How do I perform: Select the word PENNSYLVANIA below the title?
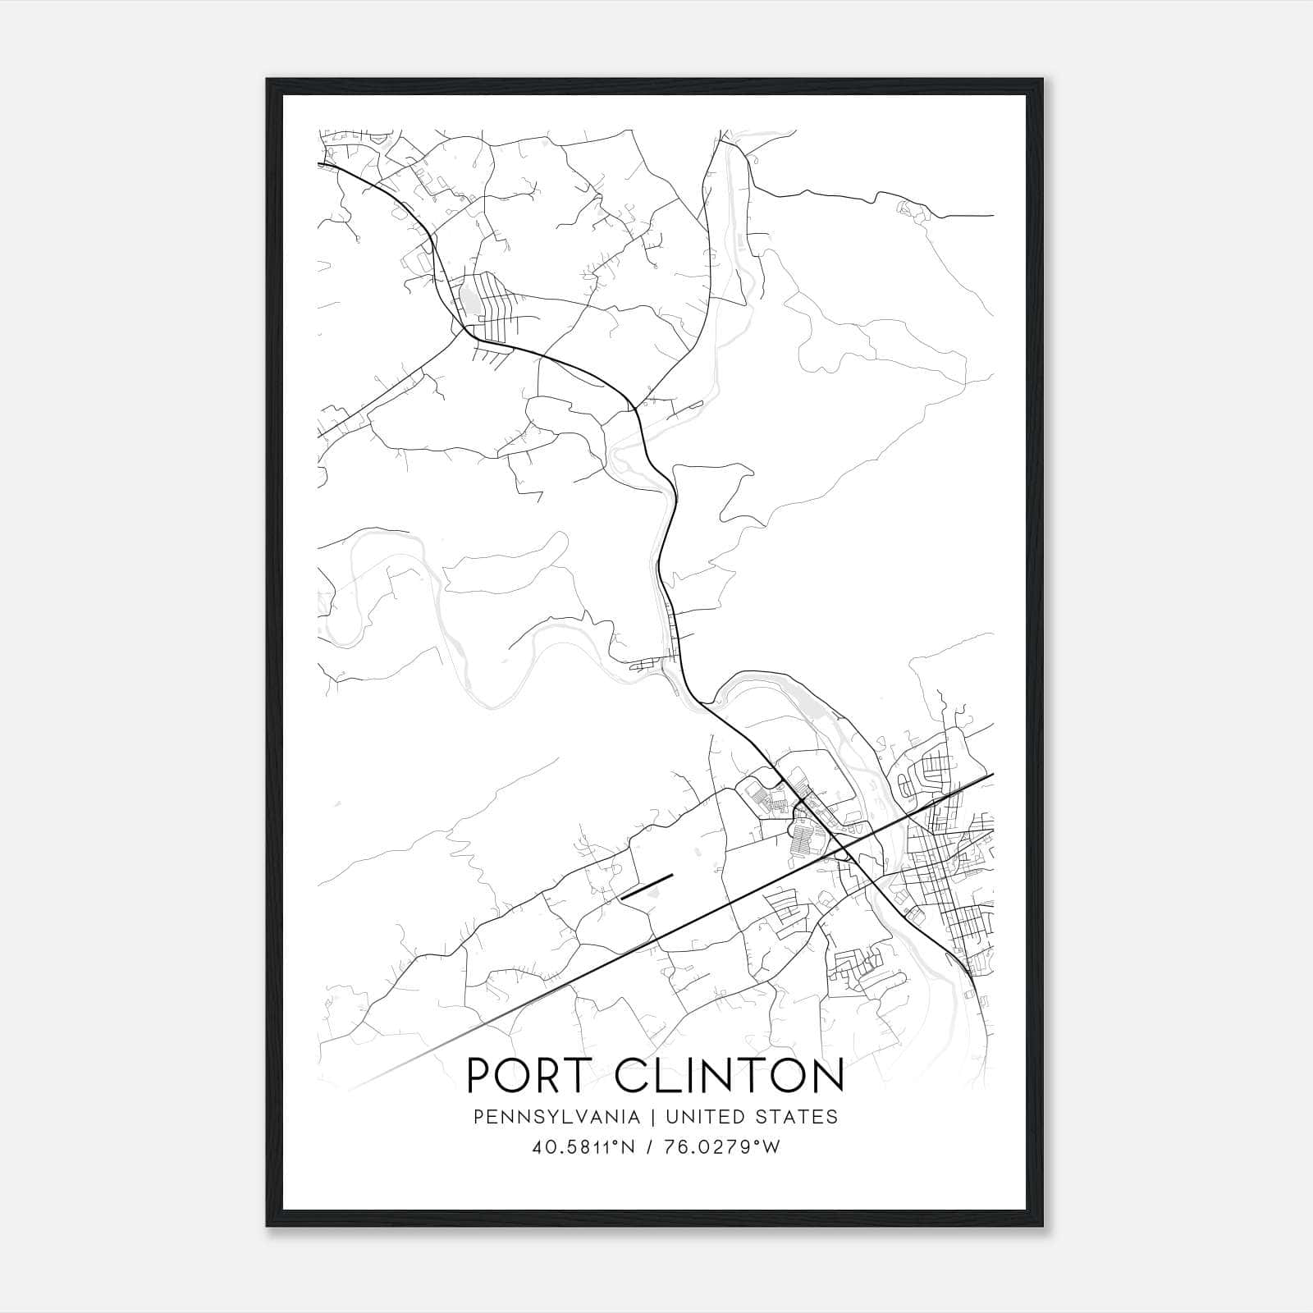(544, 1117)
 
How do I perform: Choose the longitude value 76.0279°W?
(720, 1147)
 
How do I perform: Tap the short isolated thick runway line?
(647, 887)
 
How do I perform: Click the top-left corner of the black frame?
(268, 80)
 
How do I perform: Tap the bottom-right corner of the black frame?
(1044, 1226)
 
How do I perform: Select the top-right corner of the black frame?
(1044, 80)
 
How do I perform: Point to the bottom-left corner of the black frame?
(268, 1226)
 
